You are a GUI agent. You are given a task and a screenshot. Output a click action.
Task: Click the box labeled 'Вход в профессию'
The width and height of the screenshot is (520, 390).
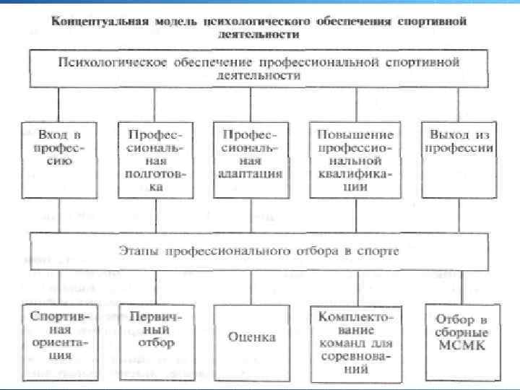[x=60, y=160]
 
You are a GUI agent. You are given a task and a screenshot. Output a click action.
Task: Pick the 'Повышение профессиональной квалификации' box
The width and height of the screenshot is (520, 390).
[x=355, y=160]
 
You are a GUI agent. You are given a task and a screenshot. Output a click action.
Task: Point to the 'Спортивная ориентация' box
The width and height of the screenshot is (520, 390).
[x=60, y=335]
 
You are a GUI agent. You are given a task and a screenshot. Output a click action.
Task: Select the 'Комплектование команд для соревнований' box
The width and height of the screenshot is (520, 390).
[x=355, y=339]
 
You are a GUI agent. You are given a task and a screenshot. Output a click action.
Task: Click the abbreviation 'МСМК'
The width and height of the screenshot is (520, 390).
[x=461, y=346]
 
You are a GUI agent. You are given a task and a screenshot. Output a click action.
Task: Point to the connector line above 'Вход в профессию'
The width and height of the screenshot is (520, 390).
[x=60, y=104]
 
